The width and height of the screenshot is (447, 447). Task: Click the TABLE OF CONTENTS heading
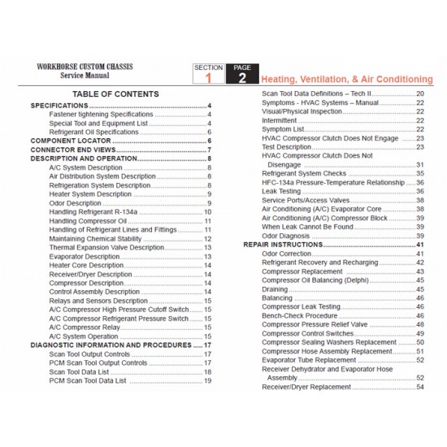120,94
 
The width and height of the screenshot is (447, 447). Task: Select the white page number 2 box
242,78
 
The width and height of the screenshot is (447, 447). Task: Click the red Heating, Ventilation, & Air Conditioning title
346,79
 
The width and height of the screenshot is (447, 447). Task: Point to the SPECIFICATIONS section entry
59,106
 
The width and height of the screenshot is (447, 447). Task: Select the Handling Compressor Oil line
88,220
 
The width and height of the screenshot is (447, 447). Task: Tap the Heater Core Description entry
86,265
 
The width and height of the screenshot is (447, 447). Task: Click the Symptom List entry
283,128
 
